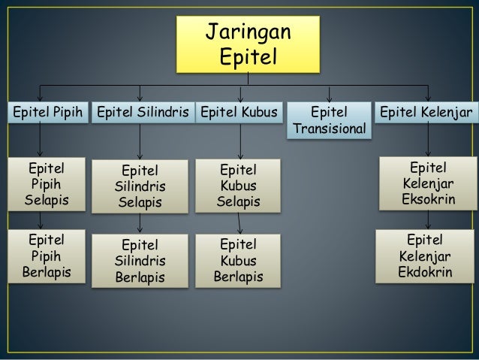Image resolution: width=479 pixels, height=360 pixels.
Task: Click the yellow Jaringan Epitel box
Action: (x=249, y=44)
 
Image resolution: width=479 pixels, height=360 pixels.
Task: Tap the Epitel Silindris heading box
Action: (x=141, y=113)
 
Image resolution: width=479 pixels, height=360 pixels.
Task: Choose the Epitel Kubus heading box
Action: (x=239, y=113)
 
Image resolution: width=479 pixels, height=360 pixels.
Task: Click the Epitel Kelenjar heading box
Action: (x=426, y=113)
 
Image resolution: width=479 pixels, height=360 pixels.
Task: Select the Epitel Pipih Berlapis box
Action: (x=46, y=256)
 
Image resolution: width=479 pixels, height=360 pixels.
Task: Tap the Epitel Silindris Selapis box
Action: (x=140, y=186)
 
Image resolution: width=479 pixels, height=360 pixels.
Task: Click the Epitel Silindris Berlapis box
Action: (x=140, y=261)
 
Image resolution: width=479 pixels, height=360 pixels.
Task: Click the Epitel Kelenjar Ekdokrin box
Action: (x=427, y=256)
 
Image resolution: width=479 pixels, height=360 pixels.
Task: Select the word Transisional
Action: (x=331, y=130)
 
